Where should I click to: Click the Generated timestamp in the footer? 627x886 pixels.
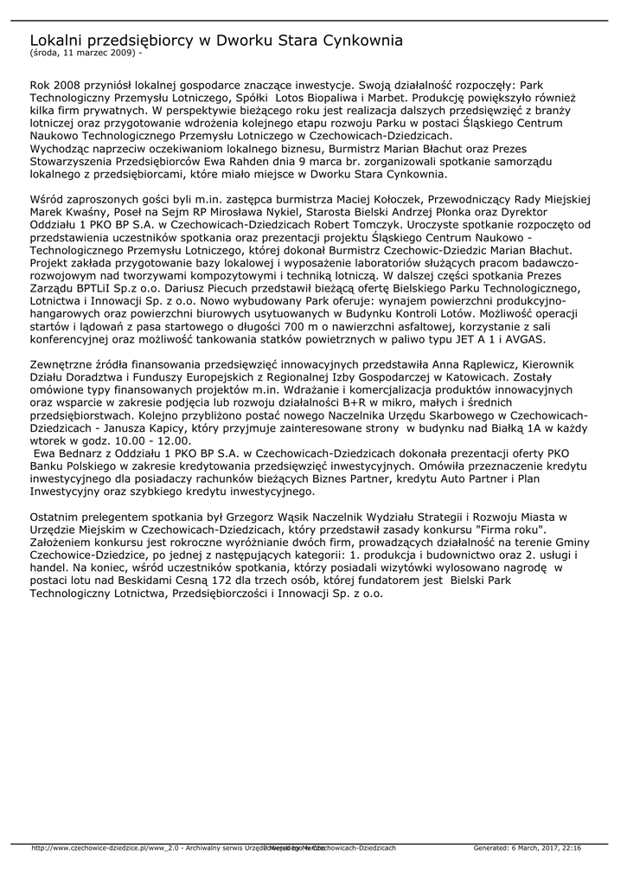point(528,848)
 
